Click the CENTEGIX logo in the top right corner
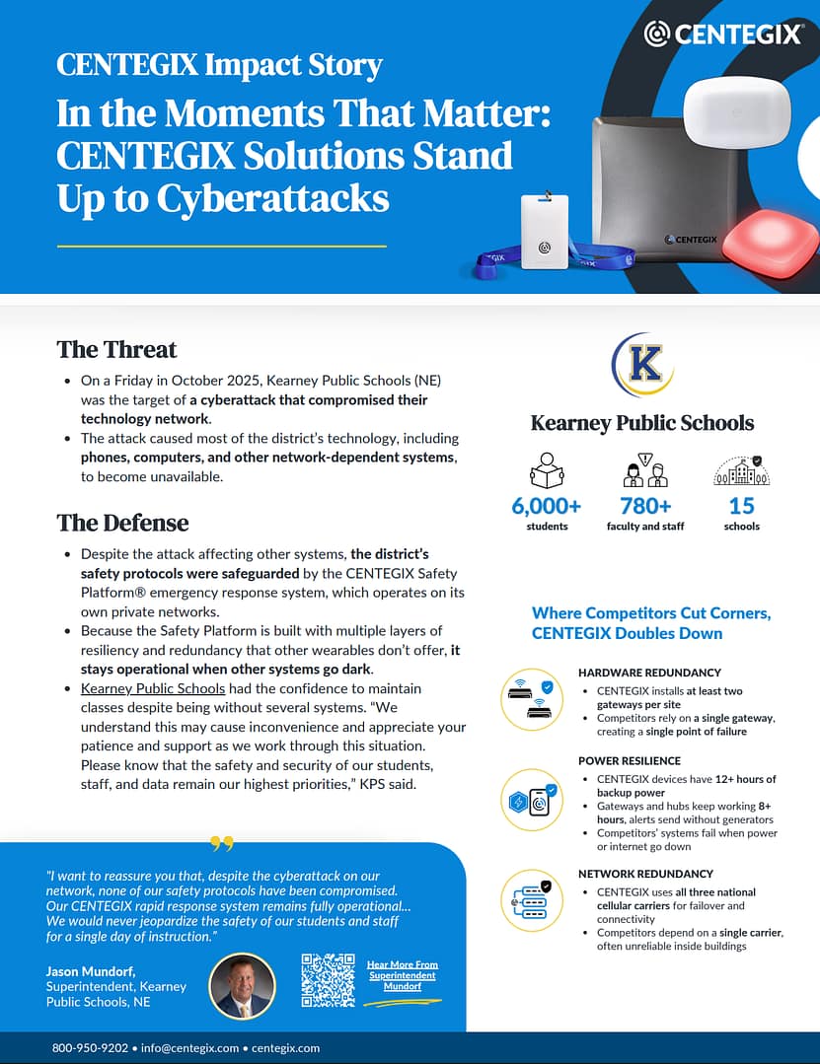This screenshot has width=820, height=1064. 722,35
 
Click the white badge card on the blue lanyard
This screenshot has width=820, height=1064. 545,231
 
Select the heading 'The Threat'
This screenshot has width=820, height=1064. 116,349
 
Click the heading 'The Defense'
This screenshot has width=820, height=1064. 122,522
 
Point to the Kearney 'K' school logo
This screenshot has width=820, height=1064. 642,365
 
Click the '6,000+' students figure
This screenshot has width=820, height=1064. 547,506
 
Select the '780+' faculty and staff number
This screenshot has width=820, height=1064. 645,506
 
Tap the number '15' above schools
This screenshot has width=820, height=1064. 741,506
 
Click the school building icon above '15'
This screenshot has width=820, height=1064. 741,469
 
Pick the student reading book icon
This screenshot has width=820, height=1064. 547,470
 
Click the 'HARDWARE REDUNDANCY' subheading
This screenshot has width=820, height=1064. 649,673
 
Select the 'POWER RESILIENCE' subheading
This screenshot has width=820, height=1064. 630,761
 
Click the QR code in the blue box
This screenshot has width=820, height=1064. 328,979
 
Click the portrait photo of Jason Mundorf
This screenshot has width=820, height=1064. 242,986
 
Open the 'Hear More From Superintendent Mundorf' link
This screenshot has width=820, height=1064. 402,975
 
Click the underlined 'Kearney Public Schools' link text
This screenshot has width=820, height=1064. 153,688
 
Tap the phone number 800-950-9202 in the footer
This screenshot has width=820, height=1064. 90,1048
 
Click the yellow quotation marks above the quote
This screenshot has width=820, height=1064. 222,844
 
